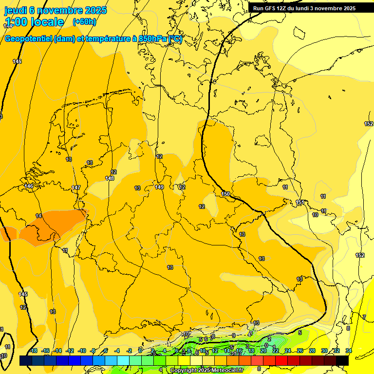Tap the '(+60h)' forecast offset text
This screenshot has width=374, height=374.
coord(84,22)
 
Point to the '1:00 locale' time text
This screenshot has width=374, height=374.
coord(34,22)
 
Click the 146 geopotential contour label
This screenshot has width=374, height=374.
coord(29,186)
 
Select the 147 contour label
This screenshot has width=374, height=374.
coord(76,187)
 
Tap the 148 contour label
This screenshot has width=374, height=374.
coord(110,178)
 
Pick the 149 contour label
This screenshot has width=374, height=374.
coord(159,187)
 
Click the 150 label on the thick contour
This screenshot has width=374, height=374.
coord(225,194)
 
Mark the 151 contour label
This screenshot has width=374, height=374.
coord(300,202)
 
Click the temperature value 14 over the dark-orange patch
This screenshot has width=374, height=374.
coord(38,216)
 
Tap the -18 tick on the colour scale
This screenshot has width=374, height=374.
coord(33,351)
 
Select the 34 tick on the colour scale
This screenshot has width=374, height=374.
coord(349,351)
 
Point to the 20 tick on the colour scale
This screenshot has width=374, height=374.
coord(263,351)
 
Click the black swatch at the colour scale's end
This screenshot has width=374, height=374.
coord(342,360)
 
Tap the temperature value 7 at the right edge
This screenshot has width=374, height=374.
coord(364,317)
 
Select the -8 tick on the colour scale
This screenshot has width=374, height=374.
coord(93,351)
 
